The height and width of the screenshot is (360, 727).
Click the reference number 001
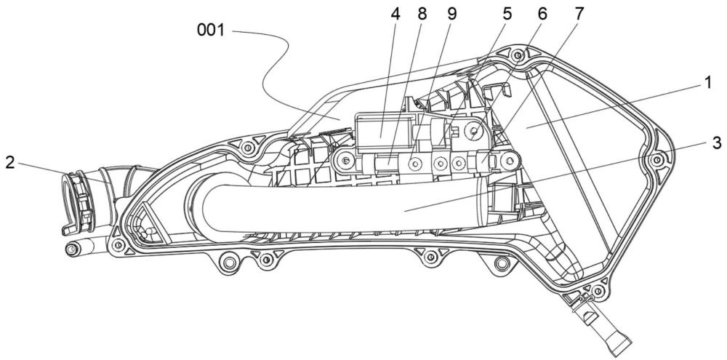[x=211, y=31]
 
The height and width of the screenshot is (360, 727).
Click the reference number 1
[x=707, y=83]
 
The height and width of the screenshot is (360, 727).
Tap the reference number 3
[x=717, y=143]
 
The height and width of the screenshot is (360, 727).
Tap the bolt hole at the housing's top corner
[x=518, y=56]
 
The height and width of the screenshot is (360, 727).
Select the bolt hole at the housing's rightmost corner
[x=656, y=161]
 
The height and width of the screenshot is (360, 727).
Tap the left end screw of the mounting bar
[x=344, y=162]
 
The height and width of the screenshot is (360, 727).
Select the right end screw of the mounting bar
[x=510, y=161]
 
